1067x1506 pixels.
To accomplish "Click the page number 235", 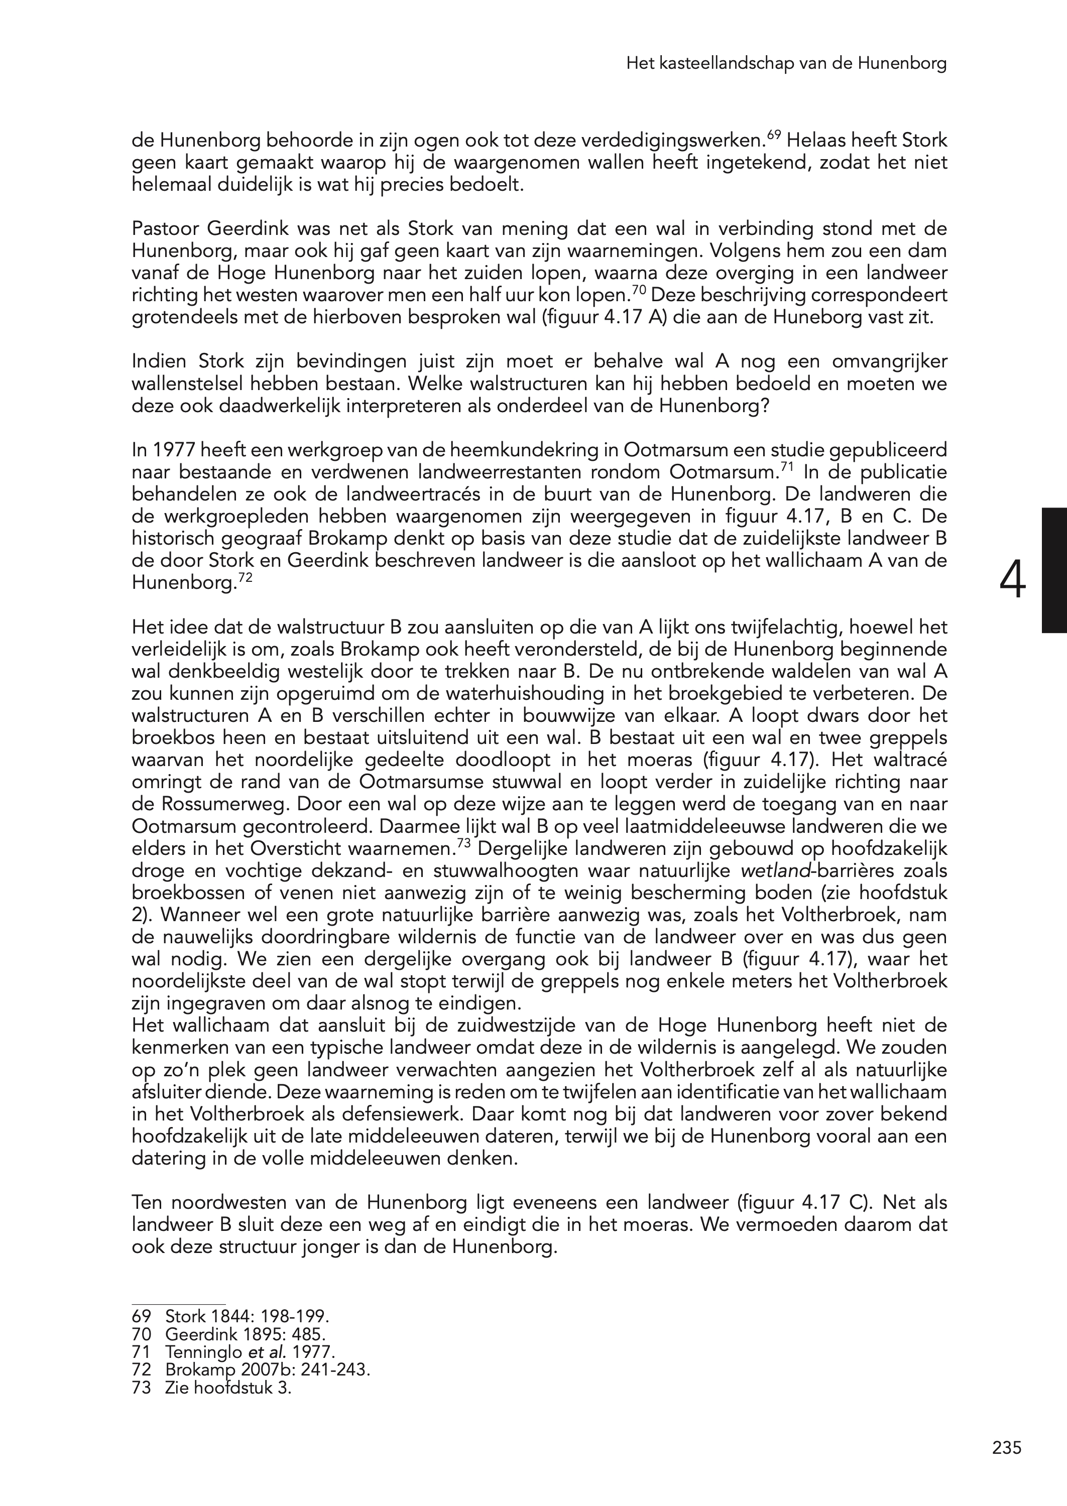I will point(1007,1448).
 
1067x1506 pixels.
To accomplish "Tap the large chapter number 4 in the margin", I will point(1012,581).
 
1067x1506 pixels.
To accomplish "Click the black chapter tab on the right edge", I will point(1054,570).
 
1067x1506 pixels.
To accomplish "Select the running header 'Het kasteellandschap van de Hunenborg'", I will point(786,64).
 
